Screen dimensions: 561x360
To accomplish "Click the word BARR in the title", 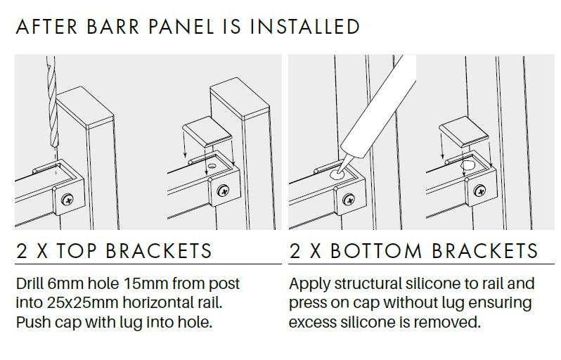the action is coord(112,27).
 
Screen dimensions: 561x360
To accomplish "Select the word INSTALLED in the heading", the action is coord(304,27).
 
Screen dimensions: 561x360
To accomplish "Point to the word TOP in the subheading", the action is coord(77,250).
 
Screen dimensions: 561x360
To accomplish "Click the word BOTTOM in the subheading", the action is coord(375,250).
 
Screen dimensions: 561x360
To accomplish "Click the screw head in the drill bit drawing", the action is coord(67,199).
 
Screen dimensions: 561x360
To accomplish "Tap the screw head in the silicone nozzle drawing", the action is coord(349,199).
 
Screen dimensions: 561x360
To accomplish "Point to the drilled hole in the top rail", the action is coord(212,166).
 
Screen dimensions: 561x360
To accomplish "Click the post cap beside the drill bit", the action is coord(85,109).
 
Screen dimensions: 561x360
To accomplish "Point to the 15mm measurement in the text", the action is coord(146,284).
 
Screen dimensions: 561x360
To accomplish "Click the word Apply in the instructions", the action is coord(309,285).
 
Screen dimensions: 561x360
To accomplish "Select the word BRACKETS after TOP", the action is coord(159,250).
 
